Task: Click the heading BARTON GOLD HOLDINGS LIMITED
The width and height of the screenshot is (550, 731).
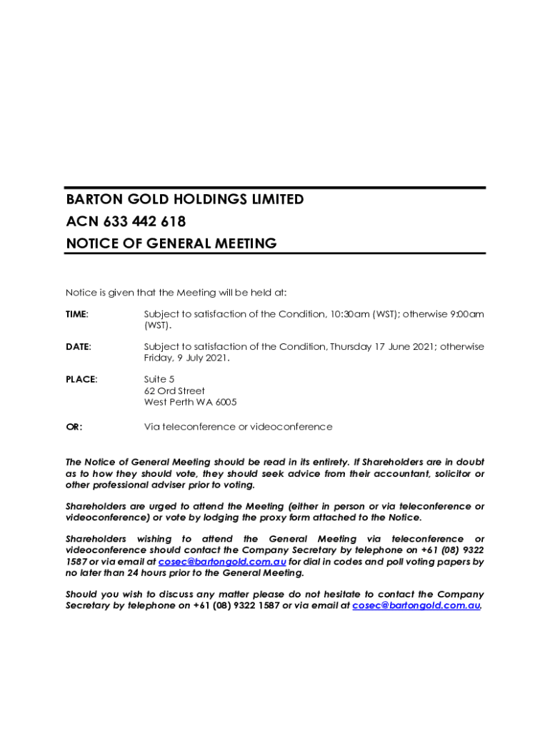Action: pos(184,199)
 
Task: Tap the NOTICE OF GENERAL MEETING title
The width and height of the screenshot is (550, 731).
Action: pos(171,243)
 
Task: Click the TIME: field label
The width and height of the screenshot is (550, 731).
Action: pos(77,314)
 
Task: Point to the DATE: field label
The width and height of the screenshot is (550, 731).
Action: pos(78,347)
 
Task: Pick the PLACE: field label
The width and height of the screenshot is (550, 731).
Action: pos(81,379)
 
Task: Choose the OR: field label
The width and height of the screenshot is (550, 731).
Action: pos(74,427)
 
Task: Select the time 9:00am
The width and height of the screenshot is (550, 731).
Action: pos(466,314)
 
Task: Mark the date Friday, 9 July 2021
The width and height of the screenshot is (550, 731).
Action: pos(186,358)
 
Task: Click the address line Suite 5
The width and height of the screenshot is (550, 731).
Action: pos(159,379)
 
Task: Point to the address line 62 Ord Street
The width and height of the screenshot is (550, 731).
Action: pos(174,391)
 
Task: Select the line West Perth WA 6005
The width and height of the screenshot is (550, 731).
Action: pos(190,403)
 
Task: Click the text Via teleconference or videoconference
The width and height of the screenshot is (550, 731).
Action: pos(238,427)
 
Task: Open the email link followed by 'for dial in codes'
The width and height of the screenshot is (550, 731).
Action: pos(222,562)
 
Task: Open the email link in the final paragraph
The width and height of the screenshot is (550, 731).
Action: pos(416,605)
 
